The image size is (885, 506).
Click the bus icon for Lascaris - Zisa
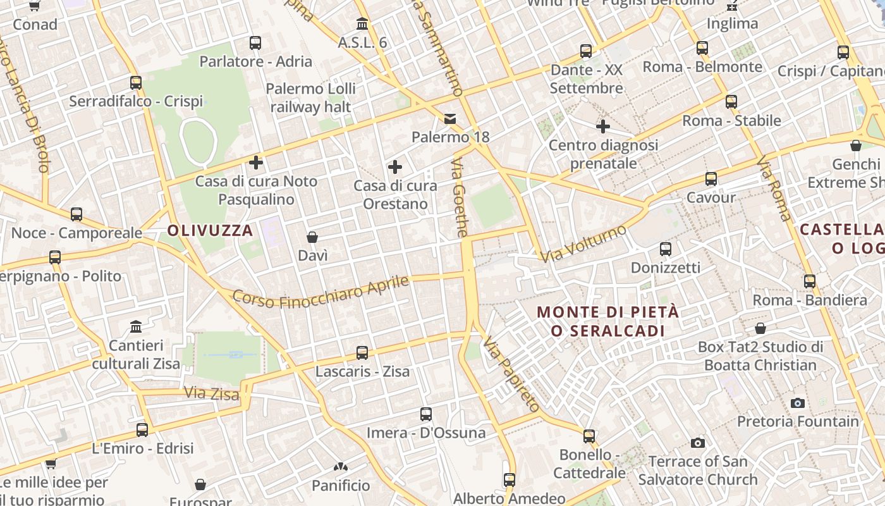click(362, 353)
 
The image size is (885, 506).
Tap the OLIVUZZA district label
click(211, 230)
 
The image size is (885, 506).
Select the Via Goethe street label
click(460, 198)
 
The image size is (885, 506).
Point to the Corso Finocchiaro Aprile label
click(321, 292)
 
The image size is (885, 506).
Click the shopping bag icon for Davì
click(312, 237)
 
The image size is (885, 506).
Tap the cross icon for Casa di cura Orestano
click(395, 167)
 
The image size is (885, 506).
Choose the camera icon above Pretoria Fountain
click(798, 403)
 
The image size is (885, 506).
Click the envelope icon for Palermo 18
click(450, 118)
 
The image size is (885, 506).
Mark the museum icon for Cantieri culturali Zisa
click(136, 327)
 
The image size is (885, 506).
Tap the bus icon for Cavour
click(711, 179)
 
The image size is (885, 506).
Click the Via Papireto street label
click(511, 374)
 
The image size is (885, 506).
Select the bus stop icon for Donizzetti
click(665, 249)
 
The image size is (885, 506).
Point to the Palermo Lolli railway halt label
click(310, 97)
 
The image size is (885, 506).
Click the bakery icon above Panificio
click(341, 467)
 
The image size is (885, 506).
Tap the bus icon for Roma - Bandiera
click(810, 281)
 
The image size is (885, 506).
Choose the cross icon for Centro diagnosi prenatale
click(603, 126)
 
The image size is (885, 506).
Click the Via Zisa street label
click(212, 394)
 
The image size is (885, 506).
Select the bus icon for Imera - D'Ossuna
click(426, 414)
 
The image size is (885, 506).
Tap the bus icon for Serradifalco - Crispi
click(136, 83)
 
